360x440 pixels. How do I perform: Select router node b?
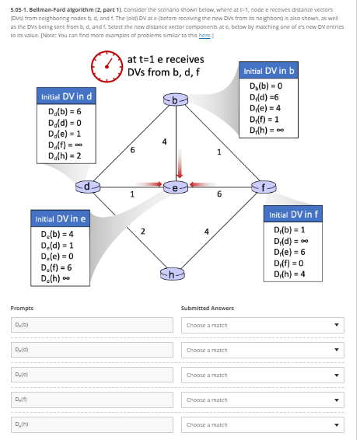(x=176, y=100)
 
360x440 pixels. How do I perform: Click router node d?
(x=89, y=187)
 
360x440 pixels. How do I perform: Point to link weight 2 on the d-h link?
(x=142, y=229)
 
